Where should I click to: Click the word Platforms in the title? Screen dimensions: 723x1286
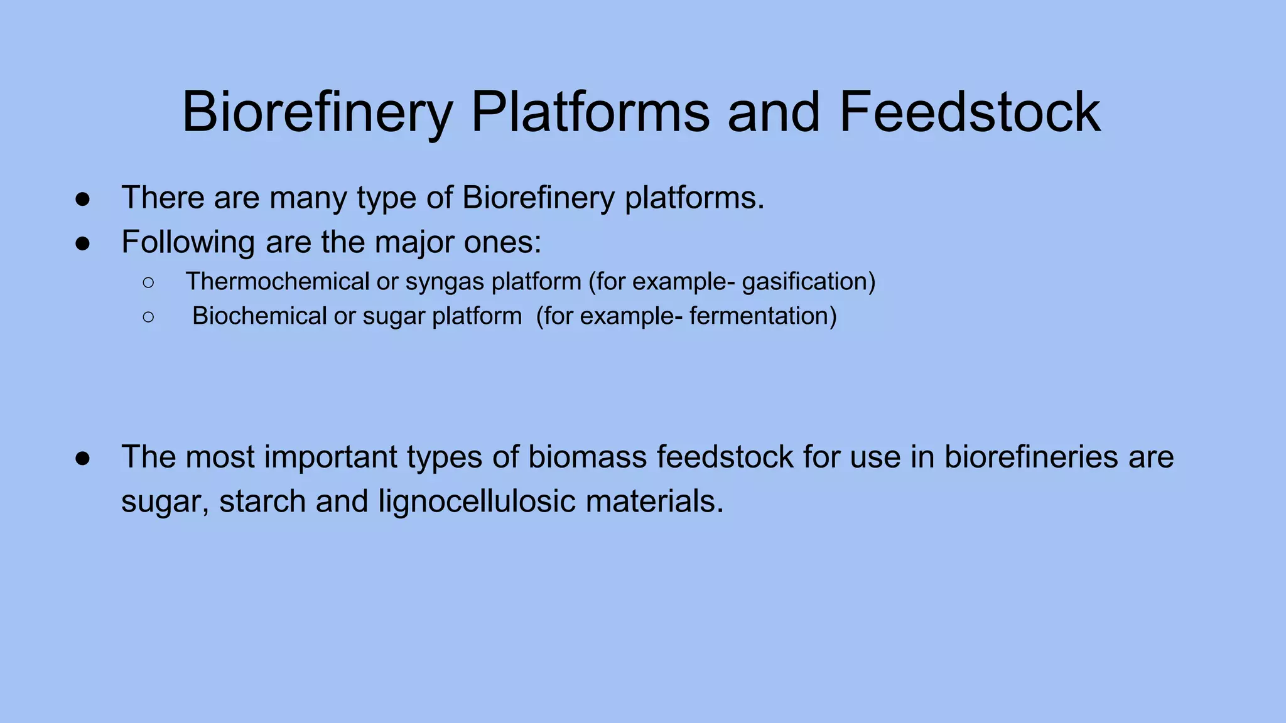[590, 112]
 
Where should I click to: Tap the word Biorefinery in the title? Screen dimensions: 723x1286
[317, 112]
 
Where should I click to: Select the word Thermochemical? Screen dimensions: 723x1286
[277, 282]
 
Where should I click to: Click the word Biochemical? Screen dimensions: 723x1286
[259, 316]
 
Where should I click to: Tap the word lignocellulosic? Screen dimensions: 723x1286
[477, 501]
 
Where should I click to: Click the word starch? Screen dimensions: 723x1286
[262, 501]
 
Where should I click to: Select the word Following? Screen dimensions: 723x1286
[188, 242]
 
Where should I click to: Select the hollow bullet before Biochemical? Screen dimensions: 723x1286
[148, 317]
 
